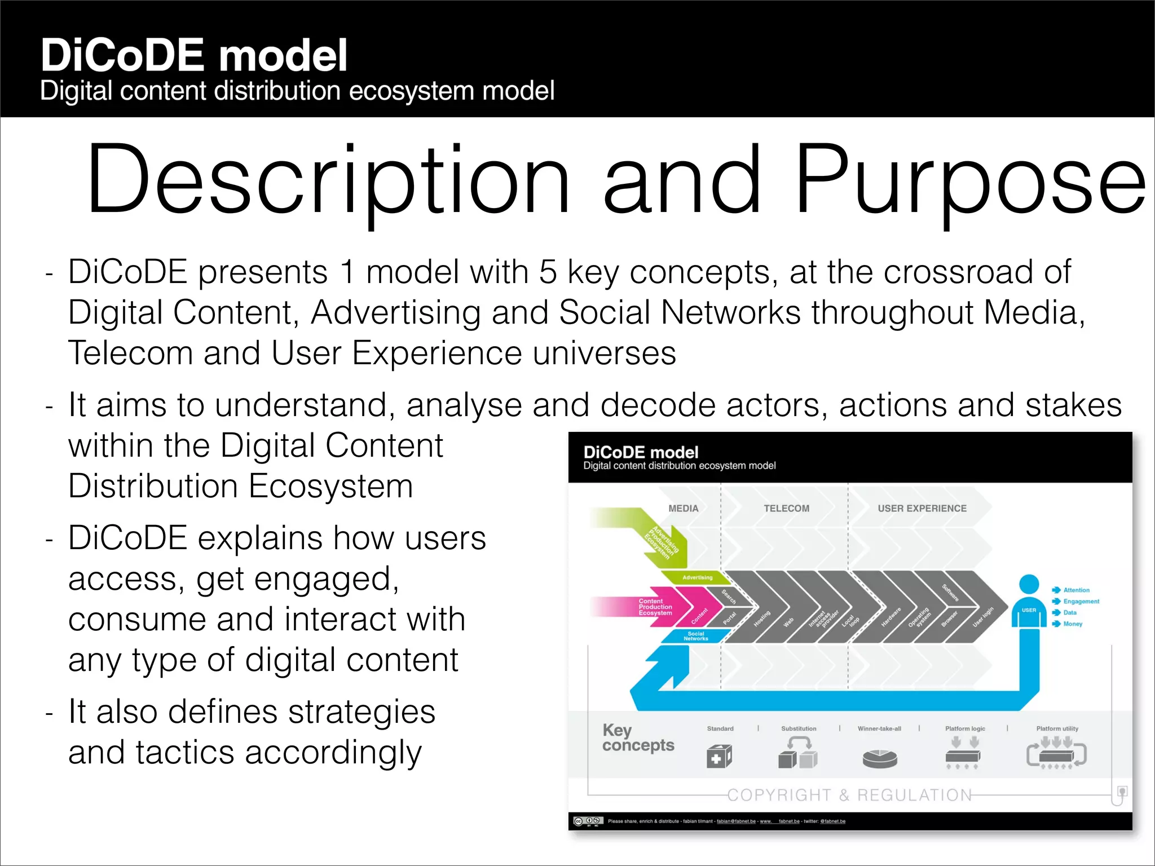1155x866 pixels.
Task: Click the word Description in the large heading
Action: pyautogui.click(x=327, y=180)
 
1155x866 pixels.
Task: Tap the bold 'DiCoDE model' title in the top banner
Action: pyautogui.click(x=193, y=55)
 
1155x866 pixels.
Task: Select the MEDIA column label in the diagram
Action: pyautogui.click(x=683, y=508)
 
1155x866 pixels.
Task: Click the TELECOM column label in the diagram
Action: pyautogui.click(x=786, y=508)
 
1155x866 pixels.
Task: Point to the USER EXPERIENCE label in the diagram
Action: pyautogui.click(x=922, y=508)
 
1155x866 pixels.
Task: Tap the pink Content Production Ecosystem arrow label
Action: pyautogui.click(x=655, y=607)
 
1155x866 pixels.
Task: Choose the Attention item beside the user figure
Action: pyautogui.click(x=1075, y=590)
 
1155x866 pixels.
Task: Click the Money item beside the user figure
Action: pyautogui.click(x=1072, y=624)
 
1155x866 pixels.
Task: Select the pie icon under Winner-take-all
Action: pyautogui.click(x=879, y=758)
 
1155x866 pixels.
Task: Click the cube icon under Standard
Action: pyautogui.click(x=719, y=756)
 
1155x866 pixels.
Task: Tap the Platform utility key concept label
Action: pyautogui.click(x=1057, y=728)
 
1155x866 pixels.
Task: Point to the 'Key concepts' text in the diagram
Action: pyautogui.click(x=637, y=737)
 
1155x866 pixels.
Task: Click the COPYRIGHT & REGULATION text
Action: pyautogui.click(x=849, y=795)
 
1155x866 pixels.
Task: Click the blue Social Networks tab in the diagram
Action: pyautogui.click(x=695, y=636)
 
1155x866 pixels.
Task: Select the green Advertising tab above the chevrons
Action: pyautogui.click(x=697, y=577)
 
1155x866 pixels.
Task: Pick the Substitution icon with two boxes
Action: pyautogui.click(x=797, y=754)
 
